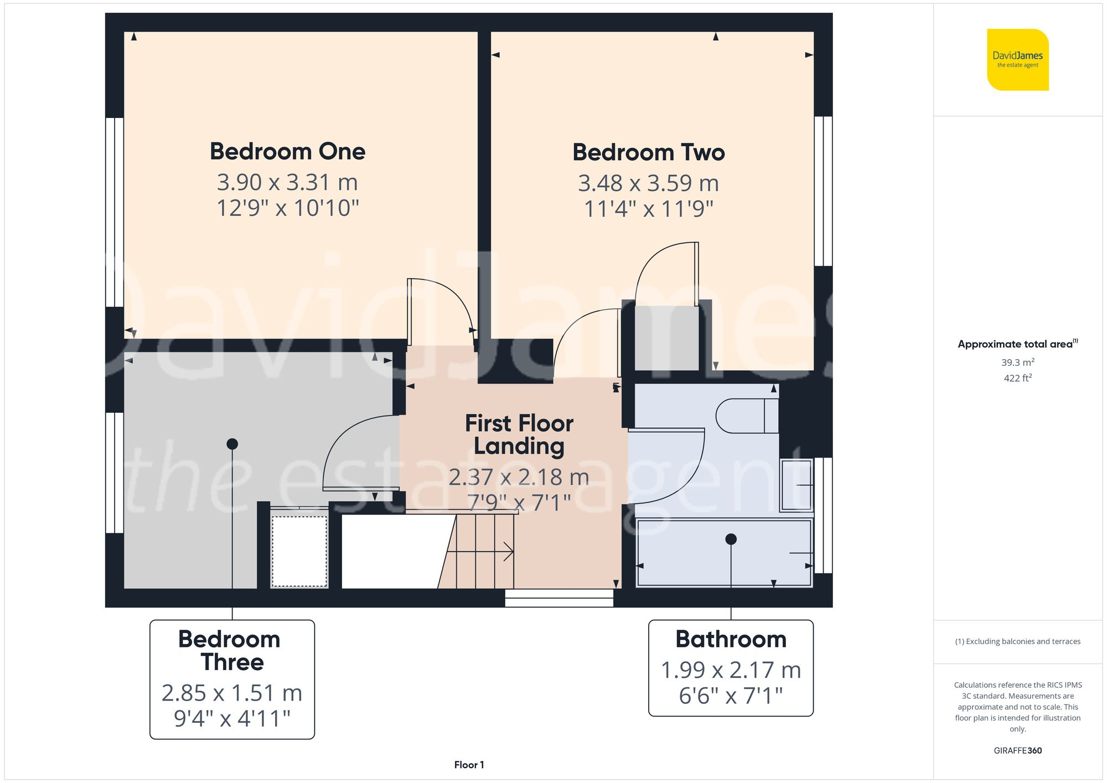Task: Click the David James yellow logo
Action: coord(1017,60)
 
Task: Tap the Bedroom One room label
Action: coord(287,152)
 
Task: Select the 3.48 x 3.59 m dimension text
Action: coord(648,183)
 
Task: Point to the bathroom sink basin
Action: coord(795,485)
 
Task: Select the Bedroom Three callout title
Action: coord(229,651)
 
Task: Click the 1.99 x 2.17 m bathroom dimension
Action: coord(731,670)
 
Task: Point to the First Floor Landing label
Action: coord(519,435)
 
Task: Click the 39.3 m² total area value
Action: coord(1017,362)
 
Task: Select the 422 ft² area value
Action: coord(1017,378)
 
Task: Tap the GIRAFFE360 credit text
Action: coord(1017,751)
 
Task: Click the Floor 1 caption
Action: coord(469,765)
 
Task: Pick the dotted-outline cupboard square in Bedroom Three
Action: coord(299,551)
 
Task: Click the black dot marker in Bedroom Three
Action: coord(232,444)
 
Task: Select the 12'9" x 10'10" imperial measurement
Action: coord(287,209)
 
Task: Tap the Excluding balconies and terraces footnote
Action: coord(1017,641)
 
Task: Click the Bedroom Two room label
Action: coord(648,153)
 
